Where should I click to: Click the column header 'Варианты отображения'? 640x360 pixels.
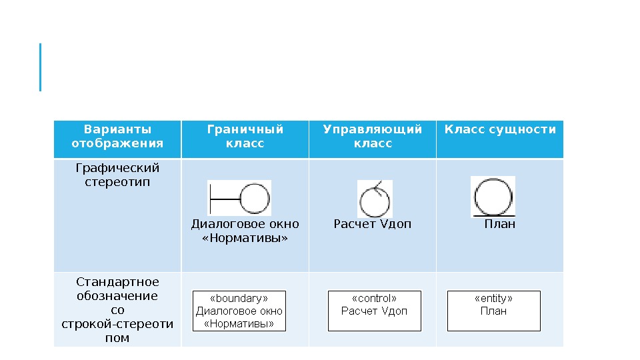pos(117,136)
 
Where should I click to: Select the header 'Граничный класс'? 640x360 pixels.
pos(245,136)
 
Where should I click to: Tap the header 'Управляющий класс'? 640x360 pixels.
pos(372,136)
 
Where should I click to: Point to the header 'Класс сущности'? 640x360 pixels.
pos(500,129)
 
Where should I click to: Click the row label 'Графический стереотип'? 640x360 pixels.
pos(117,174)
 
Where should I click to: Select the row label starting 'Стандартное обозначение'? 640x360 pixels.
pos(117,310)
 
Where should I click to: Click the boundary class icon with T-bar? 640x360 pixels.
pos(239,199)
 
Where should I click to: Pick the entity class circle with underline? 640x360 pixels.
pos(493,197)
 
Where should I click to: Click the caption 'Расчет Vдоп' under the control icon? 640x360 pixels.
pos(372,224)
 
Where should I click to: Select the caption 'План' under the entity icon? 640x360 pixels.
pos(499,224)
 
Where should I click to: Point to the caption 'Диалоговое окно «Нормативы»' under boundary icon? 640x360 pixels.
pos(245,231)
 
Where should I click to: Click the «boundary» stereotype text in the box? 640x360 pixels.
pos(239,299)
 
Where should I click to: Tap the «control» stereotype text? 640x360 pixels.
pos(374,299)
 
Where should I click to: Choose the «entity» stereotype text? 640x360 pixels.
pos(493,299)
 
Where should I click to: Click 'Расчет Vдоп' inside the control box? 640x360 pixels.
pos(374,311)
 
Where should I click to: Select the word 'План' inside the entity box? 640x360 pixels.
pos(493,311)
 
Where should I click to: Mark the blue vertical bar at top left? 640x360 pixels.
pos(41,67)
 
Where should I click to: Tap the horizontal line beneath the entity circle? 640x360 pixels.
pos(493,216)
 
